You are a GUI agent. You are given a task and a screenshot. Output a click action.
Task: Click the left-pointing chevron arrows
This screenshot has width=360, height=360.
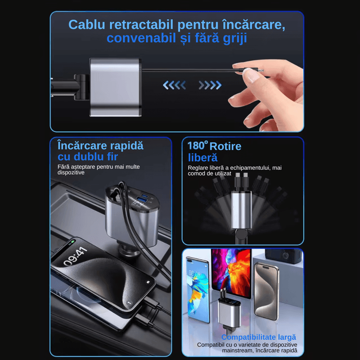coord(174,85)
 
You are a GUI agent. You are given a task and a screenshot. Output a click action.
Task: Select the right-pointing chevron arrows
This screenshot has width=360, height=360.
coord(210,85)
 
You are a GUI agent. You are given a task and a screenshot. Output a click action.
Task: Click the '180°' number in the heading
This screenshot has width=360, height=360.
coord(197,146)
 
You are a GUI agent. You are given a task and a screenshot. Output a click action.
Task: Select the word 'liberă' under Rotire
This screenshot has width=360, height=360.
coord(202,157)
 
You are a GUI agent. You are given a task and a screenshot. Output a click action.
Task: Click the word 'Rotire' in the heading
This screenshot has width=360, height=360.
coord(225,146)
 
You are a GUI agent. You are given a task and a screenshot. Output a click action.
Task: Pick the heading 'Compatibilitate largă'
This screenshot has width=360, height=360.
coord(258,337)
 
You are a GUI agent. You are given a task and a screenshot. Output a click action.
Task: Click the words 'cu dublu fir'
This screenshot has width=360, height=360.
coord(88,157)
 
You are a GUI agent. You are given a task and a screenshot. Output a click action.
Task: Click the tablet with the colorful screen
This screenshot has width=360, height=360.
coord(231,272)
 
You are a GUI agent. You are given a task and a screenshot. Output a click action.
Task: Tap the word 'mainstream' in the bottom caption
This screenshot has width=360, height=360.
coord(213,351)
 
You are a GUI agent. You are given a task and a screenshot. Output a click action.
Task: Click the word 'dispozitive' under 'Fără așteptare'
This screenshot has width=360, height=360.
coord(72,173)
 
